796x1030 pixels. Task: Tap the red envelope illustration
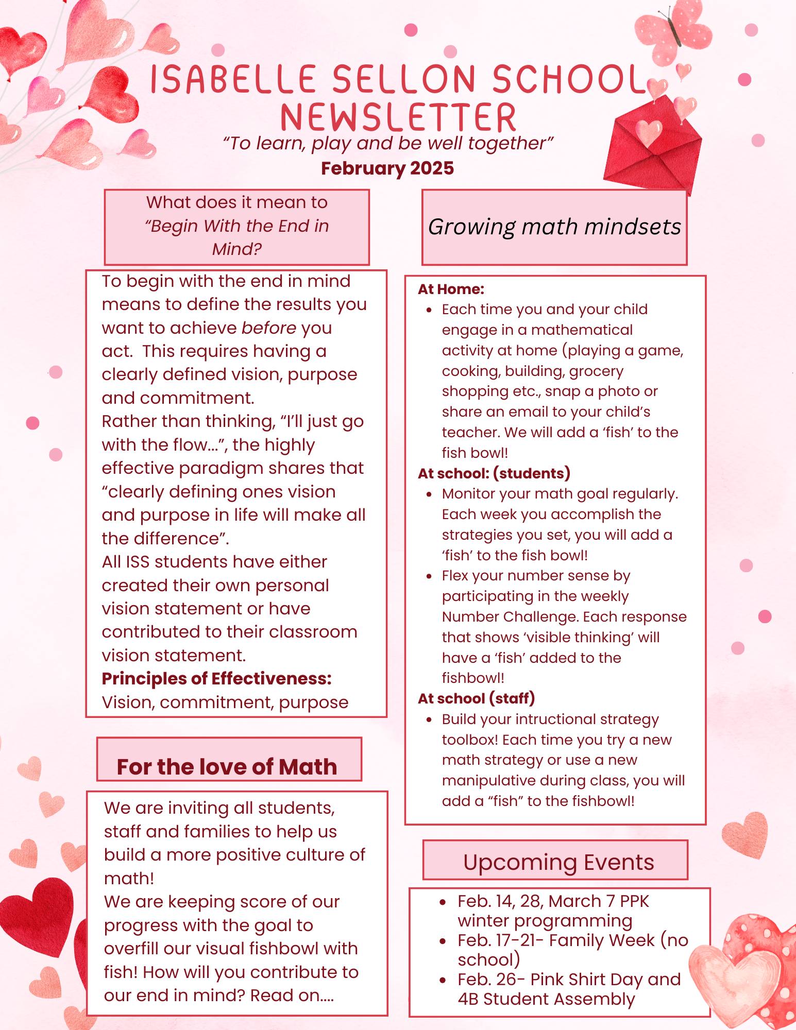pos(653,147)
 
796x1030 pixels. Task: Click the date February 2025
pos(387,168)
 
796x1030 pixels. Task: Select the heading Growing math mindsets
pos(554,227)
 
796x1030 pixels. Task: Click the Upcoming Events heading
pos(558,862)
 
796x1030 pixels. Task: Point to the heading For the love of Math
pos(227,766)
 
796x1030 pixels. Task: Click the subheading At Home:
pos(451,289)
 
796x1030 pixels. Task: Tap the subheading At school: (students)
pos(494,473)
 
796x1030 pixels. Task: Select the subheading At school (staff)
pos(476,698)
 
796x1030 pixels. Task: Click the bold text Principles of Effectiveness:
pos(216,679)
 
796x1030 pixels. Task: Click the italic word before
pos(268,328)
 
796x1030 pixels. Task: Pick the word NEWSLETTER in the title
pos(398,117)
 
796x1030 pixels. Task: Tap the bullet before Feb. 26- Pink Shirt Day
pos(443,980)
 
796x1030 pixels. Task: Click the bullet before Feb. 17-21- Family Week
pos(443,941)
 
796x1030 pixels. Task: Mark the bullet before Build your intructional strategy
pos(429,719)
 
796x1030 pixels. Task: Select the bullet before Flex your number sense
pos(429,576)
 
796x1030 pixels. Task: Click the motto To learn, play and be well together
pos(387,143)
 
